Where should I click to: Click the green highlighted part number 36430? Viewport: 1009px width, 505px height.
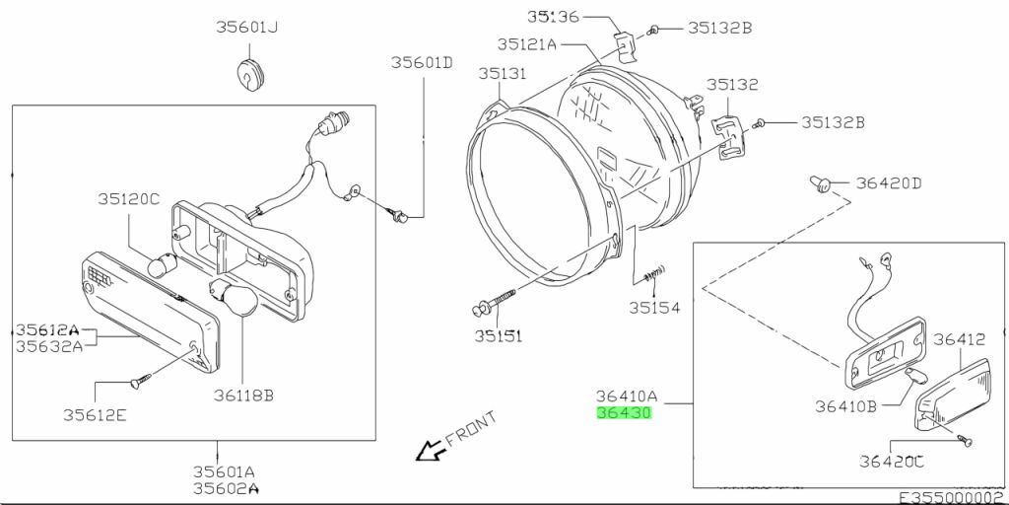point(624,413)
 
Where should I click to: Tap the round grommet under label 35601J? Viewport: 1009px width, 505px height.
point(249,73)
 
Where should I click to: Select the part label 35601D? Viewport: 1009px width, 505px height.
point(422,62)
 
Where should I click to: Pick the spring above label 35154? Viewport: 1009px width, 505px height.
point(654,273)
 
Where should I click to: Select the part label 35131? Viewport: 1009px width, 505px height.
point(502,74)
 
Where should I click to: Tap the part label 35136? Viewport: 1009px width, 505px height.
point(554,16)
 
